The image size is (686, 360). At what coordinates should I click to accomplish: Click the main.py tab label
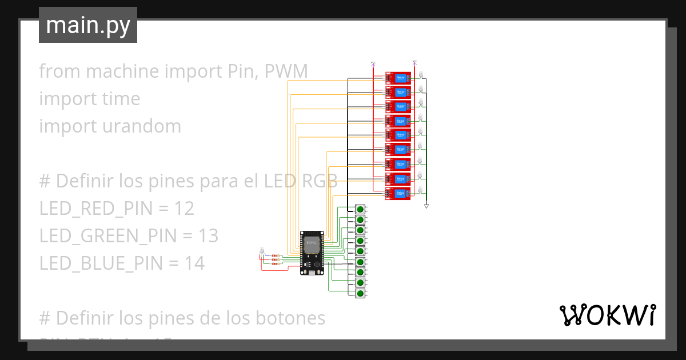(x=87, y=25)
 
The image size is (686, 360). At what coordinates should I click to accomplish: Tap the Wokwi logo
(x=607, y=315)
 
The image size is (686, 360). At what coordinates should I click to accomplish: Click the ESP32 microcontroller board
(x=312, y=252)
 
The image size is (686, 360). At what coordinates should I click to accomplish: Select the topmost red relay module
(x=398, y=78)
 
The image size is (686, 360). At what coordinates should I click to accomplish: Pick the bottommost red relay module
(x=398, y=194)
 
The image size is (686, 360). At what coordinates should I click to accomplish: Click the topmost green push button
(x=360, y=209)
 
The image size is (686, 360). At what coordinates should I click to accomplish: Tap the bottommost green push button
(x=360, y=293)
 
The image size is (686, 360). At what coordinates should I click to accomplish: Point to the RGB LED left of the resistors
(x=262, y=251)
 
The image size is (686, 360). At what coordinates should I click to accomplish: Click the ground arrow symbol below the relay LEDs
(x=426, y=206)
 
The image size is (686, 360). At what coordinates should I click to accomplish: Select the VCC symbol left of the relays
(x=373, y=63)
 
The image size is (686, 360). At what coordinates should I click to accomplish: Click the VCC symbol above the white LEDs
(x=414, y=63)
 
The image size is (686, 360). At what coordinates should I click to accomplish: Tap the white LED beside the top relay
(x=421, y=74)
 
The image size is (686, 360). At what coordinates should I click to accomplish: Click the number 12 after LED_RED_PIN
(x=185, y=209)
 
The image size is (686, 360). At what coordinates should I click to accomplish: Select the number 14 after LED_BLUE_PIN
(x=194, y=263)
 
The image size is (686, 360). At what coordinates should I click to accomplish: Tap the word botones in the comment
(x=289, y=318)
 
